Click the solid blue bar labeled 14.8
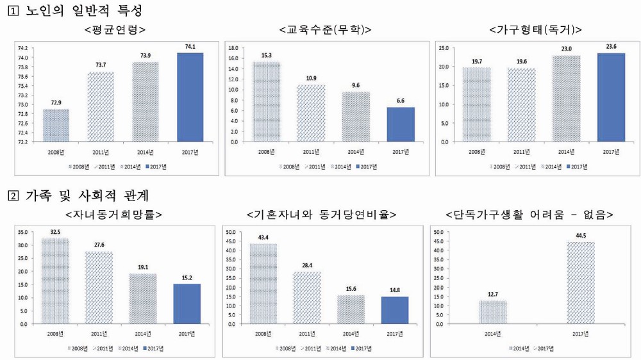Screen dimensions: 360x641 click(395, 310)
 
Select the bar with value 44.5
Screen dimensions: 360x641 click(580, 282)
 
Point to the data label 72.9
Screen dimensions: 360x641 click(56, 102)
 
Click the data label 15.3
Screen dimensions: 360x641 click(266, 55)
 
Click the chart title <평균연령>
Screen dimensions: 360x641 click(114, 30)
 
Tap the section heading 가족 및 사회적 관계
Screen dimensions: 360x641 click(87, 195)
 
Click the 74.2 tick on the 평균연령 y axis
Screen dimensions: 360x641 click(22, 48)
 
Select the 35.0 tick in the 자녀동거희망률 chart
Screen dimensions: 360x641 click(22, 232)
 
